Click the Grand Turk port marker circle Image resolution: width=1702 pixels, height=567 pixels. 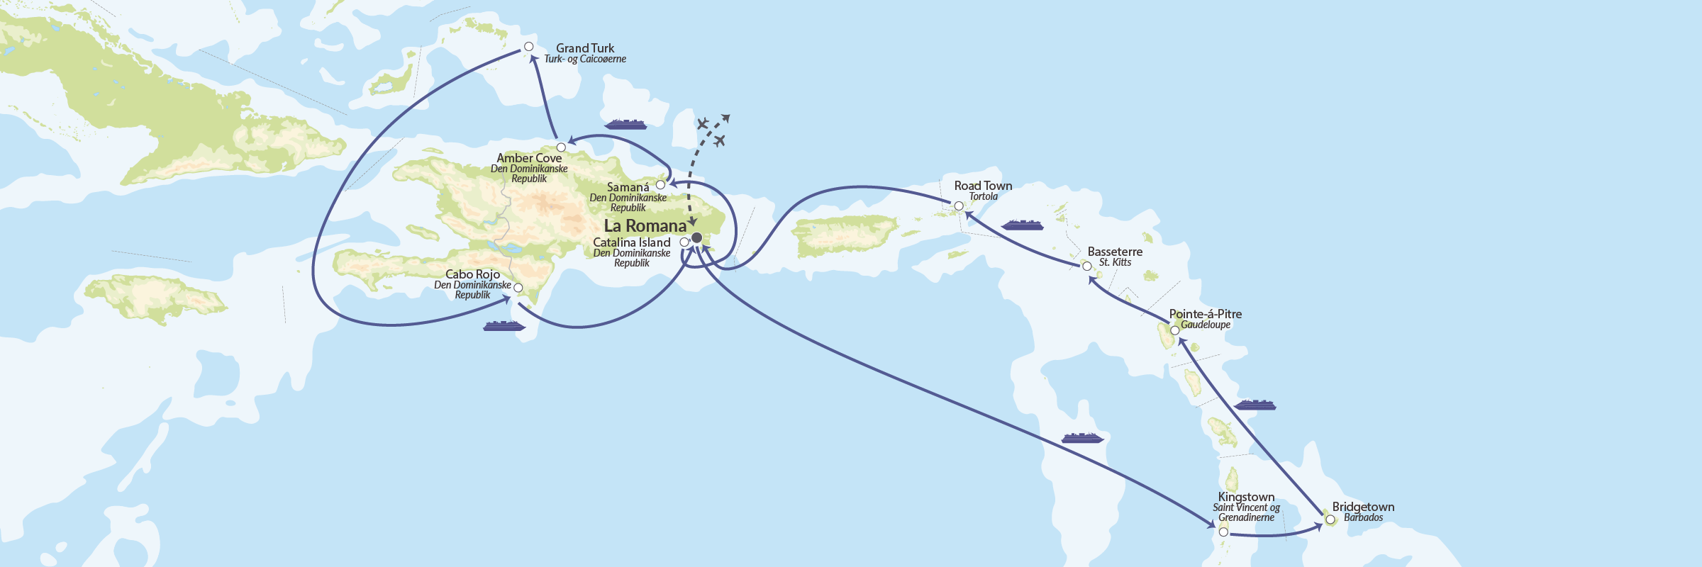tap(528, 47)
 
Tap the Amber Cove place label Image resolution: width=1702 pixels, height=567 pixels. tap(529, 158)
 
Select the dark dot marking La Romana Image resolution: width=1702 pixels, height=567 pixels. tap(696, 237)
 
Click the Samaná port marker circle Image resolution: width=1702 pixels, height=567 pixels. tap(660, 185)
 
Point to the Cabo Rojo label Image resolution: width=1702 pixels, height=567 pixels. tap(472, 274)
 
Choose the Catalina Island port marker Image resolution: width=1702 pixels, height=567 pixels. tap(684, 242)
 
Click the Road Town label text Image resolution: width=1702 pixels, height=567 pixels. tap(983, 186)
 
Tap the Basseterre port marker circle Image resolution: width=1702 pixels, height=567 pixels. tap(1086, 266)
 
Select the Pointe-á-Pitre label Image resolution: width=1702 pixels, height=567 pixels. tap(1205, 314)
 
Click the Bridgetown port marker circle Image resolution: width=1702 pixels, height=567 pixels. tap(1330, 520)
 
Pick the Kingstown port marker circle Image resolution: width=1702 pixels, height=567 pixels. tap(1223, 532)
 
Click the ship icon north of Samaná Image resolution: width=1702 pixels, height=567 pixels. tap(625, 125)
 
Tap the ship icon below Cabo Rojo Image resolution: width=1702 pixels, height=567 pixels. tap(504, 326)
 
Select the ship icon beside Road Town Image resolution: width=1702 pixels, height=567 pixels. tap(1022, 225)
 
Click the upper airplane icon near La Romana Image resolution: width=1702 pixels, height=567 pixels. tap(702, 125)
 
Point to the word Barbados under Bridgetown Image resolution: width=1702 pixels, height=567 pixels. tap(1363, 518)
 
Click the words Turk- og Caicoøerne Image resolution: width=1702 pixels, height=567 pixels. tap(585, 60)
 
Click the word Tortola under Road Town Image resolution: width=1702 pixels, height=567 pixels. tap(983, 197)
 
